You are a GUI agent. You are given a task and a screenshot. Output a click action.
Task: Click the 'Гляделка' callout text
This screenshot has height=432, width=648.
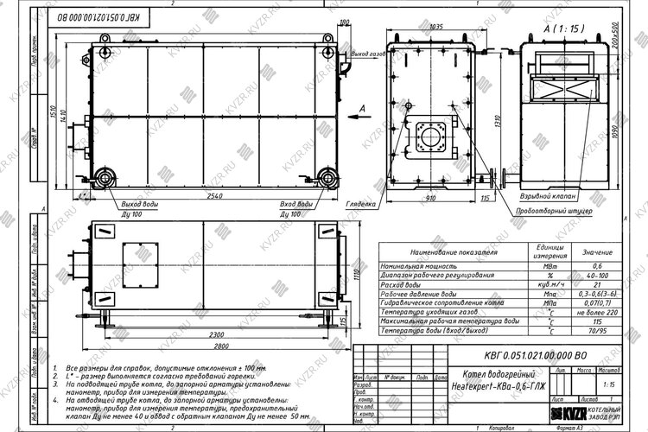[x=360, y=204]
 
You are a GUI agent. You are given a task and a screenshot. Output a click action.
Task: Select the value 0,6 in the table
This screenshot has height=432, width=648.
[x=596, y=267]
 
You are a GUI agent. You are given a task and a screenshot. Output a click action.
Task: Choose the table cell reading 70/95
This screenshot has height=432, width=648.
[x=596, y=330]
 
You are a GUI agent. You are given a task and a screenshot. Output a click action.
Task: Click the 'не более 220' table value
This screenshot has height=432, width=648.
[x=596, y=312]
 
